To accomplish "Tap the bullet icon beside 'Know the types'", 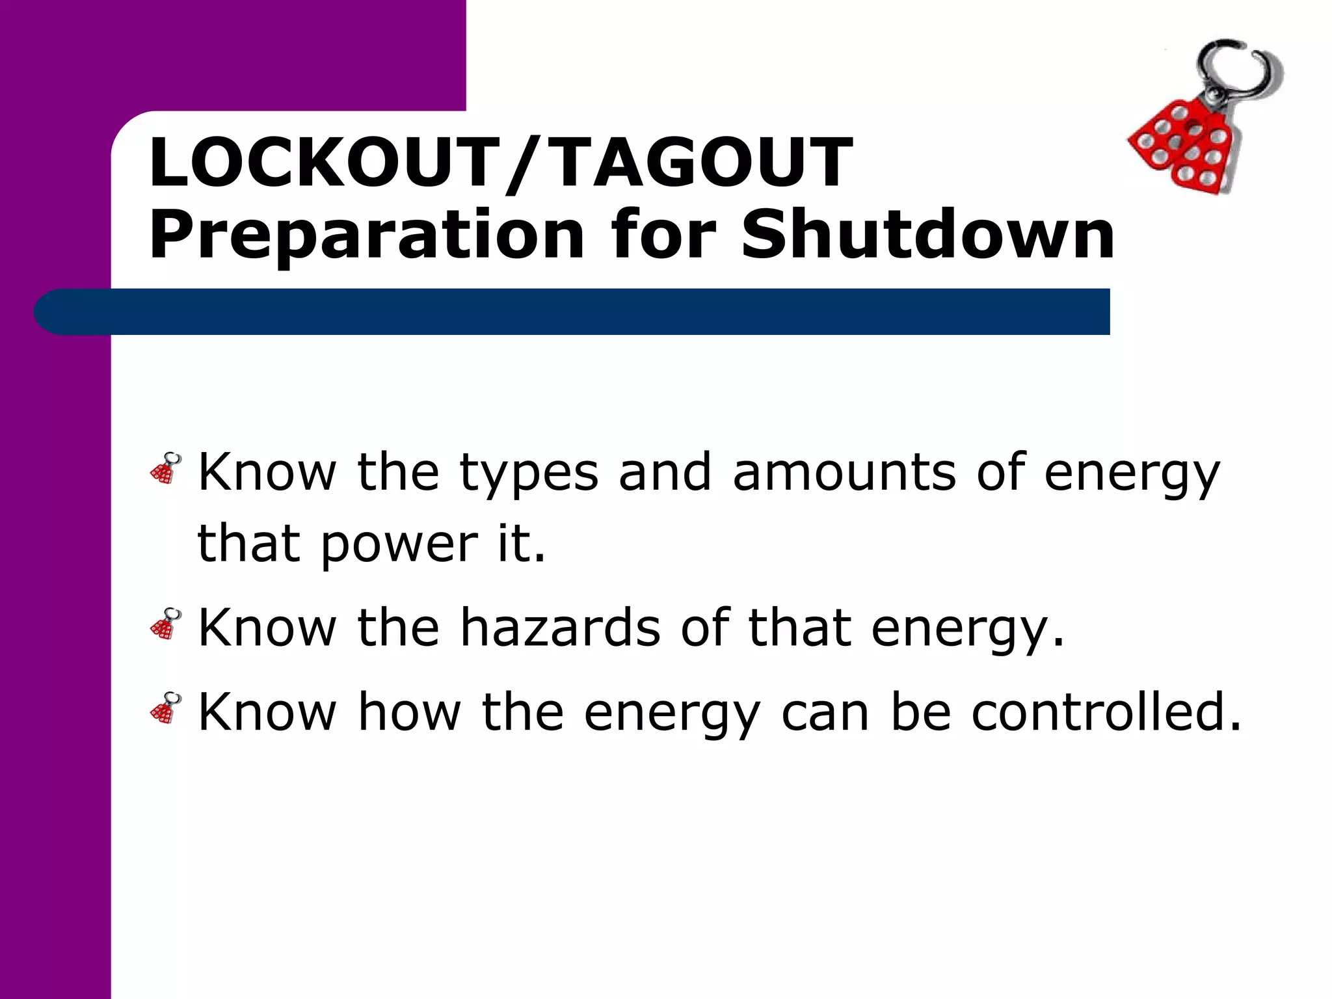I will tap(166, 468).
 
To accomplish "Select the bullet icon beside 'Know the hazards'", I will tap(166, 624).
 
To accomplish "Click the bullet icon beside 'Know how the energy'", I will tap(166, 708).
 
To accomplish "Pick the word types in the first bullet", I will tap(528, 474).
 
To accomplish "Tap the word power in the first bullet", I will tap(399, 545).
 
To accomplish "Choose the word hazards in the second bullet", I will tap(560, 628).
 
